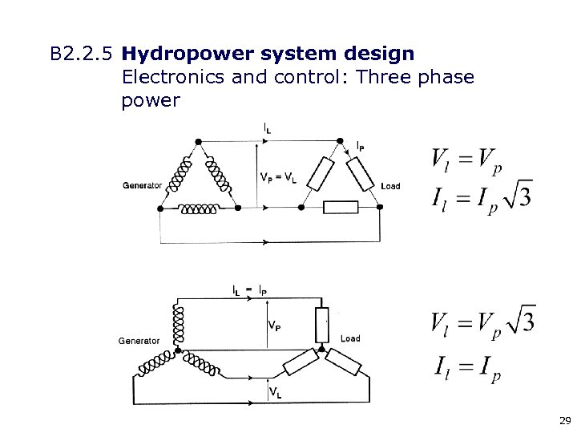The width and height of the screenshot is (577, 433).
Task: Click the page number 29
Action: coord(564,420)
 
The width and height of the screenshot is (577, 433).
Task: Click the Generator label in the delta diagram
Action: coord(142,185)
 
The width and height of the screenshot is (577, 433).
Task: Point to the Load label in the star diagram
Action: coord(350,338)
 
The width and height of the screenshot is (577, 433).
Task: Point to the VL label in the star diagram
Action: coord(274,393)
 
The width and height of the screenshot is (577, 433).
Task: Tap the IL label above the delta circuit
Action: coord(266,127)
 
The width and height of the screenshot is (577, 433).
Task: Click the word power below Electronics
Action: coord(151,102)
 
